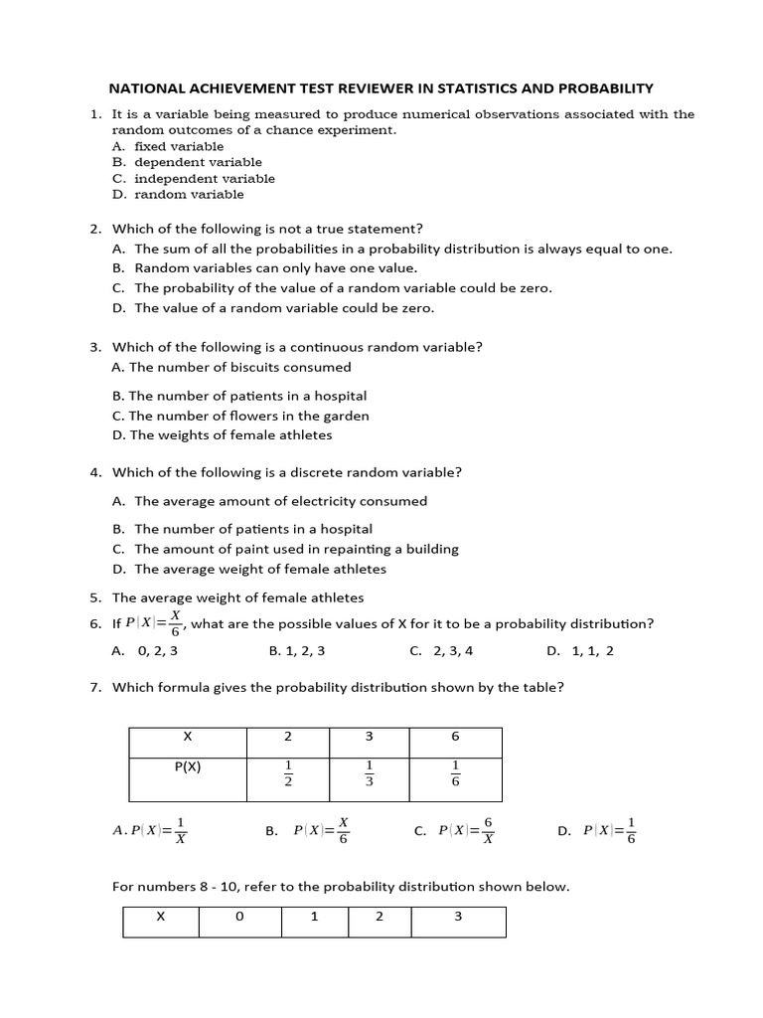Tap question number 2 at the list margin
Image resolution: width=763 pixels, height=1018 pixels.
[x=95, y=229]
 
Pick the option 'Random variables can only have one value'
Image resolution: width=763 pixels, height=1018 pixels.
[x=276, y=268]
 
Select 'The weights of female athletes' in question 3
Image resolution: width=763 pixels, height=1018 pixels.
[x=229, y=435]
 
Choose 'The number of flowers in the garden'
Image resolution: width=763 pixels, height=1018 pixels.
[x=248, y=416]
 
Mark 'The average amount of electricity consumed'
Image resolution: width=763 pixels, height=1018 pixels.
[x=280, y=501]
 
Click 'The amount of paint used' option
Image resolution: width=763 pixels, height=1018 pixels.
[x=296, y=549]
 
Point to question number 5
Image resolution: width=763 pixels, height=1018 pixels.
[x=95, y=597]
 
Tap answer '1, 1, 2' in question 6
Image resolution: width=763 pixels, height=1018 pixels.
[x=593, y=651]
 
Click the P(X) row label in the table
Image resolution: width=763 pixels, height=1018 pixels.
[x=187, y=766]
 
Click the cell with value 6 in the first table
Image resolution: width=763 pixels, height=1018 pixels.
[x=456, y=737]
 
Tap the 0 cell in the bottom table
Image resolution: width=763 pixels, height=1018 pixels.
[x=239, y=917]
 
